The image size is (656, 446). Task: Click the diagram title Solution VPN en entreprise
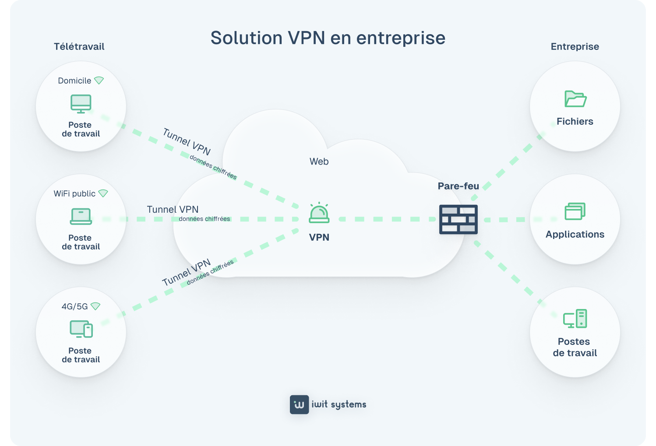coord(328,38)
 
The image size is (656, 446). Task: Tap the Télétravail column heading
coord(79,47)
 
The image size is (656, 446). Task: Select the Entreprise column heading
coord(575,47)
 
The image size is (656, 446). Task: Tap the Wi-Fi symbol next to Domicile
coord(99,81)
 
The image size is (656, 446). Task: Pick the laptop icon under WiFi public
coord(81,216)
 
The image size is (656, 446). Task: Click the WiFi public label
coord(74,193)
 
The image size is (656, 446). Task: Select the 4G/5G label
coord(74,306)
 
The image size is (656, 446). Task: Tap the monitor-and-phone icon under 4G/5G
coord(81,329)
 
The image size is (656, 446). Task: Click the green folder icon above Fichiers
coord(575,99)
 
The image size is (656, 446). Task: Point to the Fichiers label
coord(575,122)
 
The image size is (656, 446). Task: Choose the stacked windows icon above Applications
coord(575,211)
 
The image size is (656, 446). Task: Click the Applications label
coord(575,235)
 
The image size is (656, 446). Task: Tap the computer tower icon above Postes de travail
coord(575,319)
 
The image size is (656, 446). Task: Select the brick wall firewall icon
coord(458,219)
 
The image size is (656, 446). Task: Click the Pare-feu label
coord(458,186)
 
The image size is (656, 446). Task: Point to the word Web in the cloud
coord(319,162)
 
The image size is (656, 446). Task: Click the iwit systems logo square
coord(299,404)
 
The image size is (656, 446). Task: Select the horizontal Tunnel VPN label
coord(173,210)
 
